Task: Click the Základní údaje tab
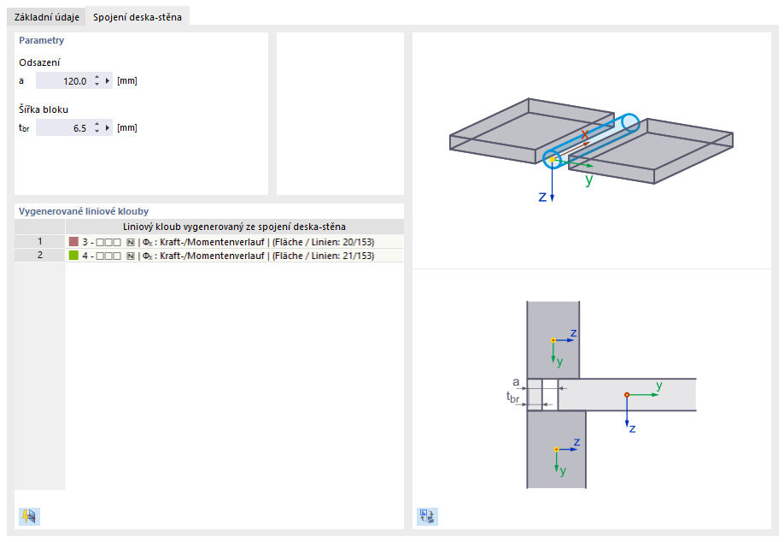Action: click(x=46, y=17)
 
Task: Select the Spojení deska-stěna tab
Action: click(x=137, y=17)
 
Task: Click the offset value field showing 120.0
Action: click(x=63, y=81)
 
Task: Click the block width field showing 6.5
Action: click(x=63, y=128)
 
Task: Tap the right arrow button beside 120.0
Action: click(x=108, y=81)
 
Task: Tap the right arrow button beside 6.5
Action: click(x=108, y=128)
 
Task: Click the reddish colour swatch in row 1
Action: click(x=74, y=242)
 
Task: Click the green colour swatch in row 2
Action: click(x=74, y=256)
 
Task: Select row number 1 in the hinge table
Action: click(x=40, y=242)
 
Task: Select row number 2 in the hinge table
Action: click(x=40, y=256)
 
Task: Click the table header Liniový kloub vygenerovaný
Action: click(x=234, y=227)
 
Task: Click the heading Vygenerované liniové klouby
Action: click(x=84, y=212)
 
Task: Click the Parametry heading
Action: click(x=42, y=40)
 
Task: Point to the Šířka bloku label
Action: click(x=44, y=109)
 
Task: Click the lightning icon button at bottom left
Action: click(x=30, y=516)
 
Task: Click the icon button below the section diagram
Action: click(x=428, y=516)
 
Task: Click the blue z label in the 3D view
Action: click(x=542, y=197)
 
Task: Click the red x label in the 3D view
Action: click(x=584, y=134)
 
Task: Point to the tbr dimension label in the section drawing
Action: click(x=513, y=398)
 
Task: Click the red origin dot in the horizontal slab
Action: click(x=627, y=395)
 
